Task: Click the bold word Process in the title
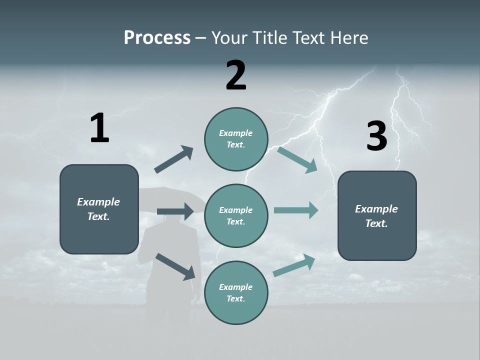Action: pyautogui.click(x=157, y=38)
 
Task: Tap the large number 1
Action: pyautogui.click(x=99, y=128)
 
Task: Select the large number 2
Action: pyautogui.click(x=236, y=75)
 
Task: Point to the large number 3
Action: pyautogui.click(x=376, y=136)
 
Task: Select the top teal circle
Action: pyautogui.click(x=236, y=139)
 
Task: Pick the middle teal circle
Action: pyautogui.click(x=236, y=215)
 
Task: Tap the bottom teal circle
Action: pyautogui.click(x=236, y=292)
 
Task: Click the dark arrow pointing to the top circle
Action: pyautogui.click(x=174, y=159)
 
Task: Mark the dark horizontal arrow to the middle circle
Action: pyautogui.click(x=175, y=211)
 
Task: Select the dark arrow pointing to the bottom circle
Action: pyautogui.click(x=175, y=266)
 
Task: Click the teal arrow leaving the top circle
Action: pyautogui.click(x=297, y=160)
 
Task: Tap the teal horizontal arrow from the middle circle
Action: pyautogui.click(x=296, y=210)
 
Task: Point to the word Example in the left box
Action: pyautogui.click(x=98, y=202)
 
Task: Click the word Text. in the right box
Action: pyautogui.click(x=376, y=223)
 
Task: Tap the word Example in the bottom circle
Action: pyautogui.click(x=235, y=287)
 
